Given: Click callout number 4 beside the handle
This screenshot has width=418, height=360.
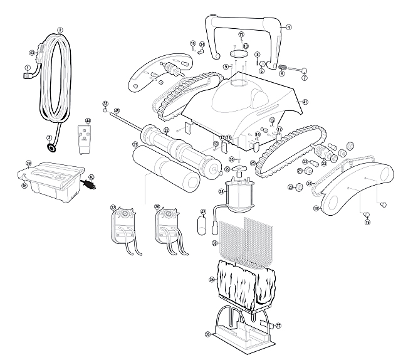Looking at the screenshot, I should (289, 27).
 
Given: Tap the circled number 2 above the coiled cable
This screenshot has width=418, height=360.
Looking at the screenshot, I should (60, 29).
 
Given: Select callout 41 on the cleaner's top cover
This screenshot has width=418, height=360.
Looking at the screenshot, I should (305, 102).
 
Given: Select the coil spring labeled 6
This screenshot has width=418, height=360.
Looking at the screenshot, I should (283, 66).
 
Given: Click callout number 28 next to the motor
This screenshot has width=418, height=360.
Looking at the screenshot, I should (221, 192).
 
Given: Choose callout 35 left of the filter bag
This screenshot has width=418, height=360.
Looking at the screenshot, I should (212, 279).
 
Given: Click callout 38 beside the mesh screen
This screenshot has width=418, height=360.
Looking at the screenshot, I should (214, 242).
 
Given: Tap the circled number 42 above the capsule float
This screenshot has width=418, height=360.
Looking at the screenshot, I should (203, 212).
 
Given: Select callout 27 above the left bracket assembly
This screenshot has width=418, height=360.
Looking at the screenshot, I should (113, 207).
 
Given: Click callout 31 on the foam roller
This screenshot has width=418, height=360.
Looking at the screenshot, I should (135, 144).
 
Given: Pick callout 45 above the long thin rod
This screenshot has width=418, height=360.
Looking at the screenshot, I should (117, 110).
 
